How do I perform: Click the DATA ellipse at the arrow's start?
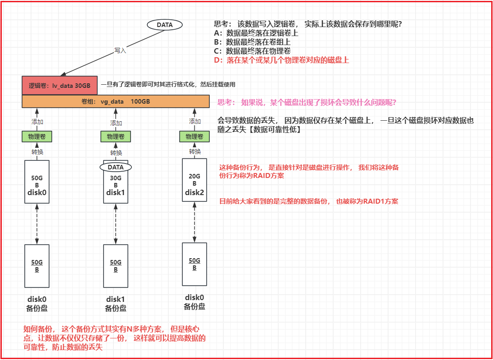coord(165,25)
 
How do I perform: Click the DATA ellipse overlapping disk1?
coord(116,167)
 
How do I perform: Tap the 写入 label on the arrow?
coord(120,51)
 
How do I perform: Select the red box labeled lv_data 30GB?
coord(59,85)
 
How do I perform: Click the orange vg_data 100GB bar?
coord(116,102)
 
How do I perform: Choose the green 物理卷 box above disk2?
coord(194,137)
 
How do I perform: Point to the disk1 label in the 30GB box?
coord(116,193)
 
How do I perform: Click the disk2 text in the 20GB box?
coord(194,192)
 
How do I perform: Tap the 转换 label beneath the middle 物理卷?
coord(116,153)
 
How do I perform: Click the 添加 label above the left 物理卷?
coord(37,122)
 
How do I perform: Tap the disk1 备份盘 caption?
coord(116,304)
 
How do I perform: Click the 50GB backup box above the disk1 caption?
coord(116,266)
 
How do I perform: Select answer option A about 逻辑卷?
coord(256,33)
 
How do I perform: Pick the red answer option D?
coord(281,60)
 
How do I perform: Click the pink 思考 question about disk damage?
coord(307,102)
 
